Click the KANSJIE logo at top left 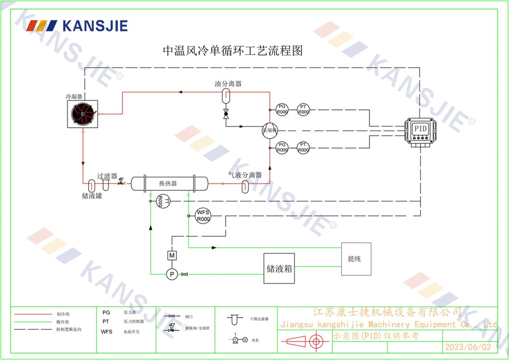tap(77, 25)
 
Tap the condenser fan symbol tap(83, 114)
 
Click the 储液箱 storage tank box tap(279, 269)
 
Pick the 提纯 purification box tap(356, 259)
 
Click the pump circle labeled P tap(172, 274)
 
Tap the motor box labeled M tap(172, 255)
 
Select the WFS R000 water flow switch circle tap(203, 215)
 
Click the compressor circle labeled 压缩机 tap(269, 130)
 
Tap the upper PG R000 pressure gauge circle tap(282, 109)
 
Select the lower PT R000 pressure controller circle tap(303, 148)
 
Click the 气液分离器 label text tap(245, 175)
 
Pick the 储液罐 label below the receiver tap(92, 195)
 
